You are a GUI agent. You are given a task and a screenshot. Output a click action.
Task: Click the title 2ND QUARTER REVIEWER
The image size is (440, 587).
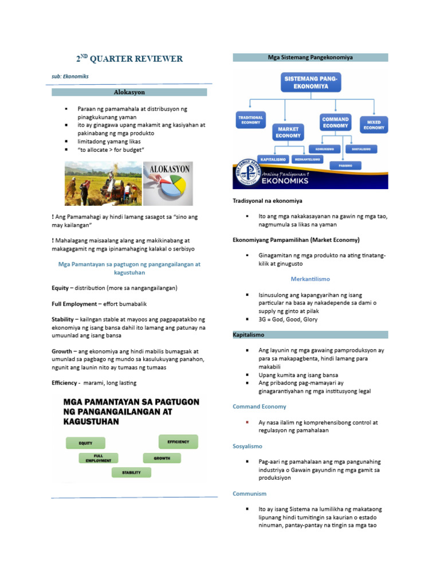130,58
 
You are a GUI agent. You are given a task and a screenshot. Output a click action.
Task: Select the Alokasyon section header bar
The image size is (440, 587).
129,92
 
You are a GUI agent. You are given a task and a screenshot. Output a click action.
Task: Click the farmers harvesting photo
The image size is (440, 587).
103,183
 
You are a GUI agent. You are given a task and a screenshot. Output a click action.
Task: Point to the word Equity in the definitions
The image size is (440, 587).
61,287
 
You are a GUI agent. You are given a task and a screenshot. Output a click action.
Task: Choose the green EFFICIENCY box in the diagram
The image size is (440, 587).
178,441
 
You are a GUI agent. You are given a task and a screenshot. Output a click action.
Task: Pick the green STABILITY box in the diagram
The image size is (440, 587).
131,472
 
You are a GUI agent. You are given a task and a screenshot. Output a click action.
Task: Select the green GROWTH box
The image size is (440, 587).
162,459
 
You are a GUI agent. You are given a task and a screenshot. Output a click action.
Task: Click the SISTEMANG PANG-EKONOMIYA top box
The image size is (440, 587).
310,81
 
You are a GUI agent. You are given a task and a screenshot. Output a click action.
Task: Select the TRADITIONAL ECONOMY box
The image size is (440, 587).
250,120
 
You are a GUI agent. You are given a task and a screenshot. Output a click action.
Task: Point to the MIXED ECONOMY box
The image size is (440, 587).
373,125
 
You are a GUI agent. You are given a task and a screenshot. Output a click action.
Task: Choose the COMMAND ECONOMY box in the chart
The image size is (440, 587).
335,122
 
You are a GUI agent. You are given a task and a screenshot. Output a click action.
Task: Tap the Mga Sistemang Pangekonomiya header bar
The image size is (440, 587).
310,57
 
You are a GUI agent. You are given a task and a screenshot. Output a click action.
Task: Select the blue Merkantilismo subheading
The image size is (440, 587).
310,278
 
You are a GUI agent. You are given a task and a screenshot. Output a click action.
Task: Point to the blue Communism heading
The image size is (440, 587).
249,493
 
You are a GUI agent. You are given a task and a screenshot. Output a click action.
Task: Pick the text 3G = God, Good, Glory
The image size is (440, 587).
288,319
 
